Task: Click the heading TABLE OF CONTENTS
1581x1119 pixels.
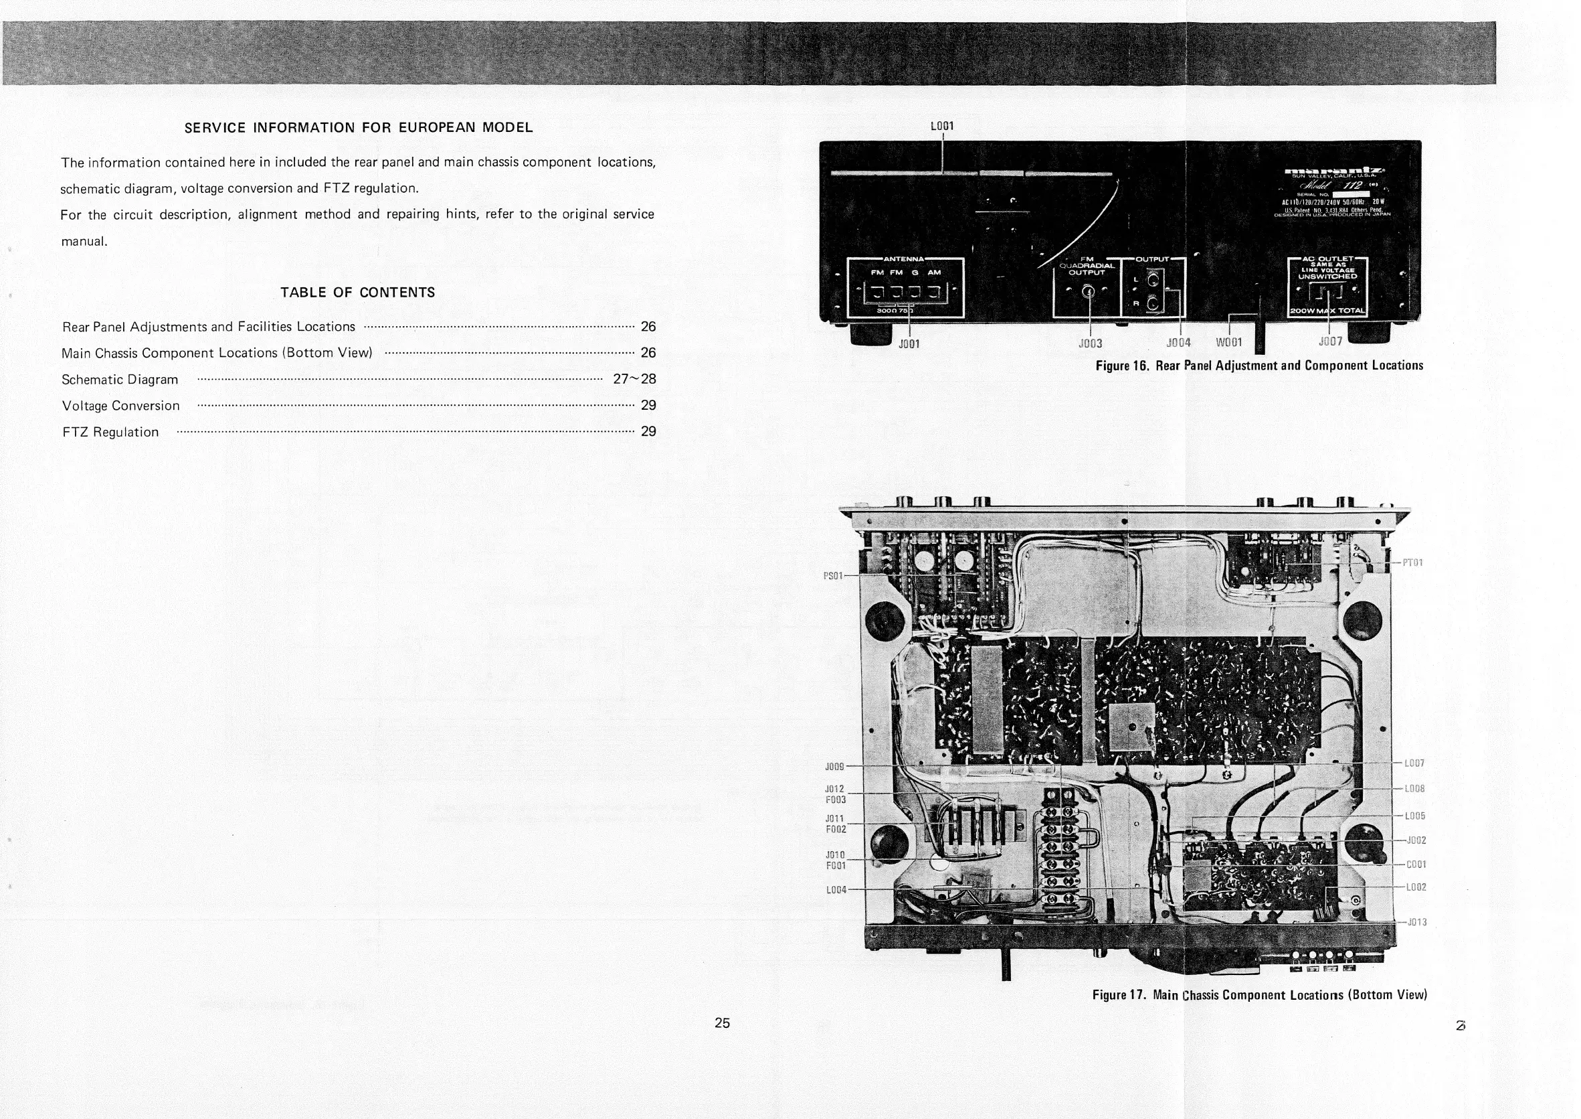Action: click(x=357, y=292)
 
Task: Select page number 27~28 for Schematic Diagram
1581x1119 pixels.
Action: click(x=634, y=379)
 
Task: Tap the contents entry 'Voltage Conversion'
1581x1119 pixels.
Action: click(x=120, y=406)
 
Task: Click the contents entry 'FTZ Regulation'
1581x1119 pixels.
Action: click(x=110, y=432)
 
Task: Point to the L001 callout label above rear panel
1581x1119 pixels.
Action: click(x=942, y=126)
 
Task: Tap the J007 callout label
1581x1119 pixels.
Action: click(x=1329, y=342)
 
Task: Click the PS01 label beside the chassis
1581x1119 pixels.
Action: click(x=833, y=575)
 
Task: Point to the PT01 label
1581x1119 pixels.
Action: click(x=1412, y=563)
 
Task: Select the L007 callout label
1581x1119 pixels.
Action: click(x=1414, y=763)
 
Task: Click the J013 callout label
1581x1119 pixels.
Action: click(x=1416, y=922)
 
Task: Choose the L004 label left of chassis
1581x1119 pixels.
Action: click(x=836, y=889)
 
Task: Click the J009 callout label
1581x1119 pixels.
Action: click(x=834, y=766)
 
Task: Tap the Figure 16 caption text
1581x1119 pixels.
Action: click(x=1259, y=365)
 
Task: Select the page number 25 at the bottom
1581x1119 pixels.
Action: click(x=722, y=1023)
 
